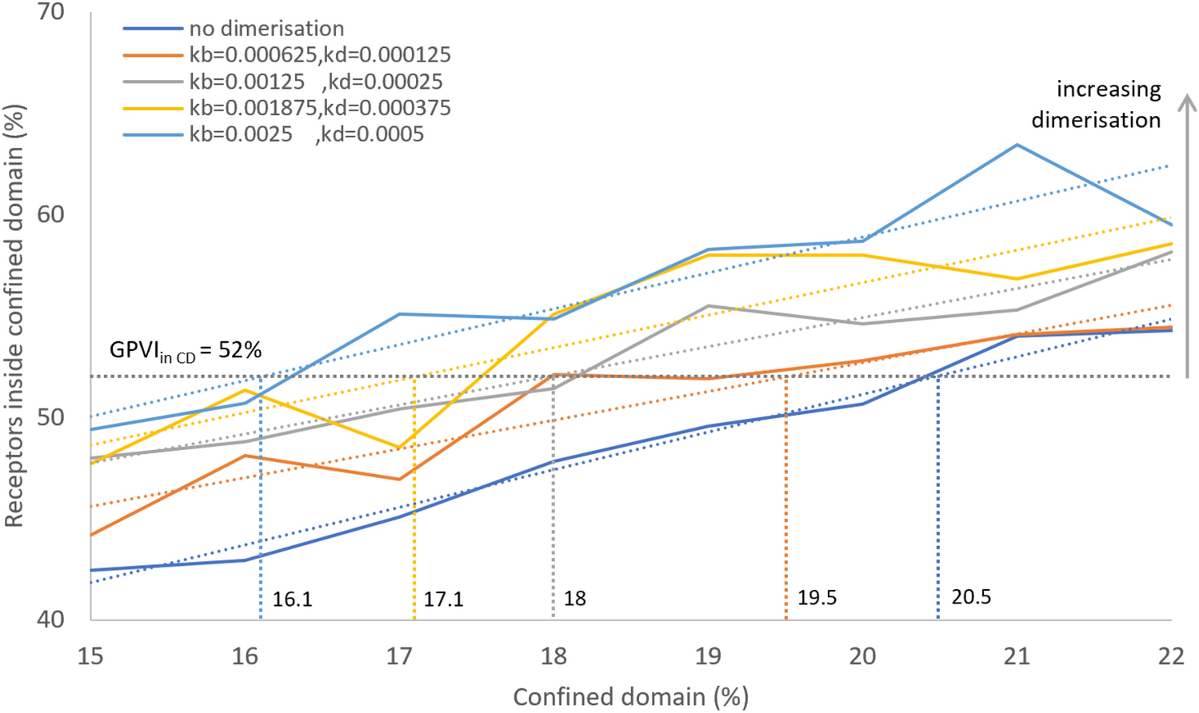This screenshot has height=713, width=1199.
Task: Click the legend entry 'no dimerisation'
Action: click(266, 29)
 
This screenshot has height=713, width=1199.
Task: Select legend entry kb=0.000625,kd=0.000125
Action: click(320, 55)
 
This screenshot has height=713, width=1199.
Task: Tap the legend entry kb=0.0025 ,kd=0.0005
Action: click(306, 134)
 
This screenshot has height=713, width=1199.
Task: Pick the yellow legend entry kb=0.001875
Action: click(320, 108)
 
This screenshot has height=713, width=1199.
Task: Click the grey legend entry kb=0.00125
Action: click(315, 82)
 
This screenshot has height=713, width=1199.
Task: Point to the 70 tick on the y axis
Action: click(51, 13)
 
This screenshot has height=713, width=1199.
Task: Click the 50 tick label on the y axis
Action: click(51, 417)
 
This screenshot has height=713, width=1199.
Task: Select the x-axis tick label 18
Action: click(554, 657)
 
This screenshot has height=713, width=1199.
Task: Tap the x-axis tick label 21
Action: click(1017, 657)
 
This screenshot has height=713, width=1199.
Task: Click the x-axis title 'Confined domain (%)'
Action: click(630, 697)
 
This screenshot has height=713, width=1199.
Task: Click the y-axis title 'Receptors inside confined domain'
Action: click(14, 316)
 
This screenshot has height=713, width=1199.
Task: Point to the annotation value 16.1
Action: click(292, 599)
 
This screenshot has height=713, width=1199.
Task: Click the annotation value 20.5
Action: click(971, 597)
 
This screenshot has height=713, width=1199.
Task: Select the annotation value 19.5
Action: click(817, 598)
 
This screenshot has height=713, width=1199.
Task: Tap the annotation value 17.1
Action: click(443, 599)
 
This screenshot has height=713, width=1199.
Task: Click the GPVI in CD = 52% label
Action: click(186, 350)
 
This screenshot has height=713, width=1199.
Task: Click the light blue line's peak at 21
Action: click(1017, 145)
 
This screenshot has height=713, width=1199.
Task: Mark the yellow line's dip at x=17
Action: click(399, 448)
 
